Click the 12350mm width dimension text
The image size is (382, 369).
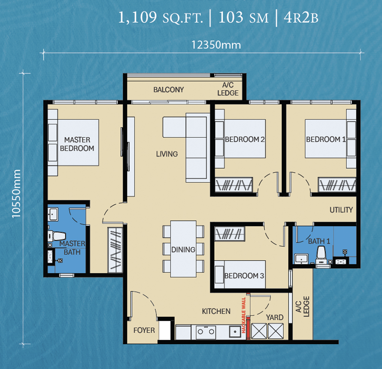coord(216,45)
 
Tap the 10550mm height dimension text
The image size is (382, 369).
coord(16,194)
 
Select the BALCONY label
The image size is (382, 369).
coord(169,90)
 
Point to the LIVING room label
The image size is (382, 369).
coord(167,154)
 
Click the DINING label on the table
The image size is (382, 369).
coord(183,249)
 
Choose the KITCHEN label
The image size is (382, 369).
coord(216,311)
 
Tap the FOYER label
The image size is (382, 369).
coord(144,330)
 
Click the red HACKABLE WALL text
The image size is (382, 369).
coord(244,315)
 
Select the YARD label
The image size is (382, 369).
coord(275,318)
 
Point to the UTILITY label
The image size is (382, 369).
coord(341,210)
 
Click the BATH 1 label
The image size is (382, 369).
coord(319,241)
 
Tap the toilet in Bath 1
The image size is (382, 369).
coord(321,255)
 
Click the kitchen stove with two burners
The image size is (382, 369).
coord(206,332)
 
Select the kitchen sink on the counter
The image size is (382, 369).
coord(235,332)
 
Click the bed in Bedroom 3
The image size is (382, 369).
coord(240,275)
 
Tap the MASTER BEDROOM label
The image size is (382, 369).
coord(77,144)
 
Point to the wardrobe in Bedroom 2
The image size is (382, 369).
coord(234,184)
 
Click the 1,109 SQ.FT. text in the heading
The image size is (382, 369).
coord(161,18)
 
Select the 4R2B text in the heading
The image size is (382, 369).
coord(301,18)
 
